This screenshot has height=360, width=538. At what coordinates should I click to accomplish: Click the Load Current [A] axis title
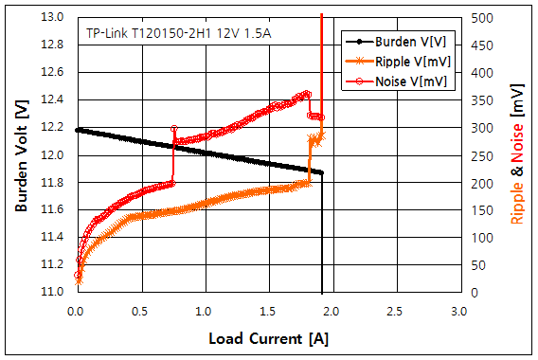(x=267, y=338)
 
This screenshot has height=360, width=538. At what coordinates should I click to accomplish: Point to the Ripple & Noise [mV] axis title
(x=517, y=154)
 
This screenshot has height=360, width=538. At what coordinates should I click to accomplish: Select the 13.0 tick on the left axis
(x=54, y=17)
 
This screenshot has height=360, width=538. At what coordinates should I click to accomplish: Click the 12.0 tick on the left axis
(x=54, y=154)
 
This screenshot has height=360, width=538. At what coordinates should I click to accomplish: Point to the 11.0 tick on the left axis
(x=54, y=292)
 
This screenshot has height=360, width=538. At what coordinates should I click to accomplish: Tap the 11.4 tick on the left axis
(x=54, y=237)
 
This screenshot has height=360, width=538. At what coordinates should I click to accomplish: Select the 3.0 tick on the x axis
(x=458, y=311)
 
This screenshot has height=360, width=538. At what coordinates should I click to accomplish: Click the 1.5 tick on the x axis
(x=267, y=311)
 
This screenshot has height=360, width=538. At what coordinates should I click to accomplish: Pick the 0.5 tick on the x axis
(x=140, y=311)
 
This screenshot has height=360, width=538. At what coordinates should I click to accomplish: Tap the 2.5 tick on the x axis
(x=395, y=311)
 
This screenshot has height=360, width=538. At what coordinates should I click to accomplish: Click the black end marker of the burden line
(x=322, y=172)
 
